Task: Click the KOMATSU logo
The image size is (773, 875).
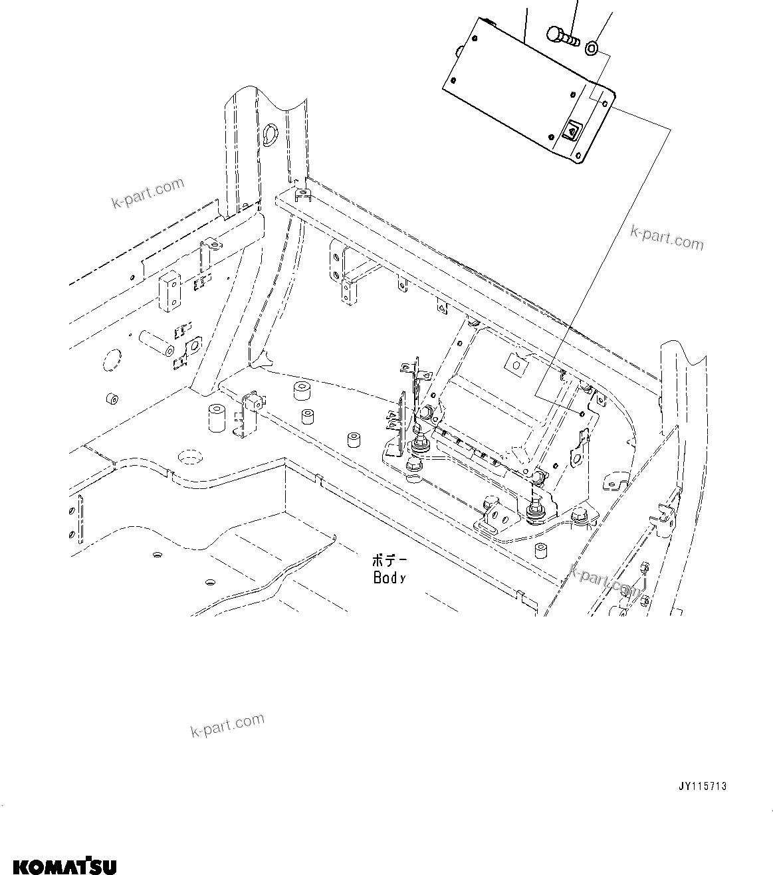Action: tap(64, 866)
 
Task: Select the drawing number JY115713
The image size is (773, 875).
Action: tap(702, 786)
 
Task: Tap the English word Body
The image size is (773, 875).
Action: tap(389, 577)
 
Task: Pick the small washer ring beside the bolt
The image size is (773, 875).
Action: tap(592, 47)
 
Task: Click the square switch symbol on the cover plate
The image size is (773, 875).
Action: tap(572, 132)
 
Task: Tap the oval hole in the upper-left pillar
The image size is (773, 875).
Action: tap(269, 135)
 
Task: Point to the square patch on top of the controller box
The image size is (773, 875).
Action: tap(515, 363)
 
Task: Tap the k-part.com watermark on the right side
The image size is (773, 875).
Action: tap(666, 238)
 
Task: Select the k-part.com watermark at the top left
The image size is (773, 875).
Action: tap(148, 193)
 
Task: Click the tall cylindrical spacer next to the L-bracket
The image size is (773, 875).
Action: tap(215, 417)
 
